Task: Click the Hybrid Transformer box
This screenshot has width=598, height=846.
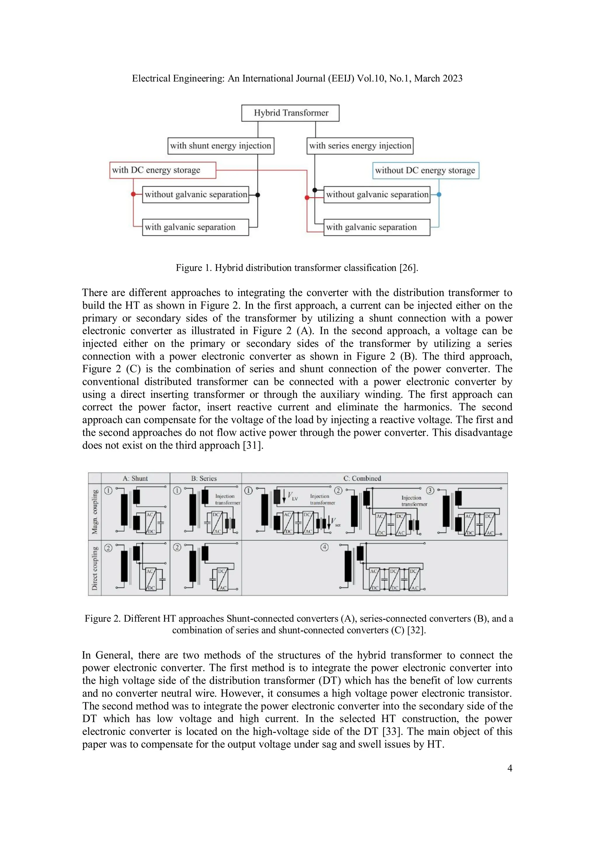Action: [x=290, y=113]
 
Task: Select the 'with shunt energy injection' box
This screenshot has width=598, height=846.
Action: [x=221, y=146]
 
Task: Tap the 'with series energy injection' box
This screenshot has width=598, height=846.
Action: [x=360, y=146]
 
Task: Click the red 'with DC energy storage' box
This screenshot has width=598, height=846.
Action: [x=162, y=170]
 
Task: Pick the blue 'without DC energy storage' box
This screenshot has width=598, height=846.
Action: [x=425, y=171]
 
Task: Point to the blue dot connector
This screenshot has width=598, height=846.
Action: [x=439, y=194]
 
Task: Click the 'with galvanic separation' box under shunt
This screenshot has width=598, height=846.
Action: [x=195, y=227]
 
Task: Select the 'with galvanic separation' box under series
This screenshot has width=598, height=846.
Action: [x=377, y=227]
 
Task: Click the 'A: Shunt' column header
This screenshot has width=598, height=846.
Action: [x=135, y=478]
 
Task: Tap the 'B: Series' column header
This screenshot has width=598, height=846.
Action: [x=204, y=478]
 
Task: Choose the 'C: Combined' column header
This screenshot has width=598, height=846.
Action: [x=362, y=478]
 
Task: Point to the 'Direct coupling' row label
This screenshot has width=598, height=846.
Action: [x=95, y=568]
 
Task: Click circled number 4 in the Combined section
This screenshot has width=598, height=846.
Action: [x=324, y=547]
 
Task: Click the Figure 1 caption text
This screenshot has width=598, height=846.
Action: [x=297, y=268]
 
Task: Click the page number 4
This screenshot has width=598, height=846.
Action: [x=510, y=768]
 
